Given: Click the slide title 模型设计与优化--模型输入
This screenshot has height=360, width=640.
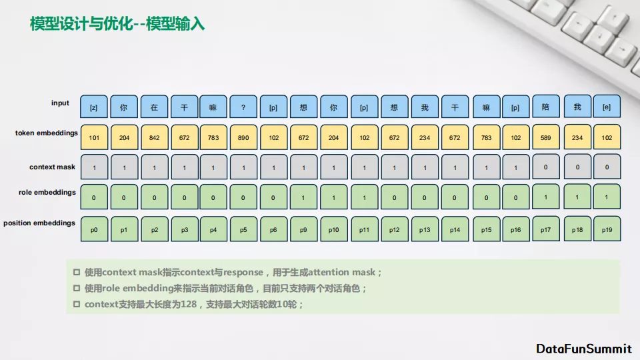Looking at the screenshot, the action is point(117,24).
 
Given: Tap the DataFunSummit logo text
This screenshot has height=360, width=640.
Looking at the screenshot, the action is point(584,349).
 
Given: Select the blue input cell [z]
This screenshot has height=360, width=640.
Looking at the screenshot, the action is point(94,107).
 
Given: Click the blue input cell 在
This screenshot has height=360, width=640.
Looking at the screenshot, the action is point(154,107).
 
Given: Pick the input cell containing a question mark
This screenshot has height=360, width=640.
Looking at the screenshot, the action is point(243,107).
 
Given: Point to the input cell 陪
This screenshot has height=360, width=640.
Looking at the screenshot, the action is point(546,107).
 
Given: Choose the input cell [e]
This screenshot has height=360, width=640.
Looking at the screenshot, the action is point(607,107).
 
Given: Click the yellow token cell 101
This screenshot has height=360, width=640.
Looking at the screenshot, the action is point(94,137).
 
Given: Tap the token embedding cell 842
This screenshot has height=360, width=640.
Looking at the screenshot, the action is point(154,137).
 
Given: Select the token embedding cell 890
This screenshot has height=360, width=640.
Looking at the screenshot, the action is point(243,137).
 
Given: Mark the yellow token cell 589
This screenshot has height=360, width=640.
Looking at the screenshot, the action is point(546,137).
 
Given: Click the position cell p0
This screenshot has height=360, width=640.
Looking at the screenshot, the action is point(94,229).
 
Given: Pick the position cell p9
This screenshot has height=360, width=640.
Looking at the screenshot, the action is point(304,229).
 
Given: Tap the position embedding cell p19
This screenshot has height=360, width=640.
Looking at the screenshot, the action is point(607,229).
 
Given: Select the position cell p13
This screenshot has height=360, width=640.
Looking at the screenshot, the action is point(425,229).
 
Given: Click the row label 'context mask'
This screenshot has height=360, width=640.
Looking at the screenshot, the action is point(52,167).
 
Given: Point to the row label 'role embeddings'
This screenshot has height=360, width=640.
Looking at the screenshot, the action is point(47,192).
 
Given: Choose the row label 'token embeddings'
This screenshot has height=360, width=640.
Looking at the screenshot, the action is point(47,133).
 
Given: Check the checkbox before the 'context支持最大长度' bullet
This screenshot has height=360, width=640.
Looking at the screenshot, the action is point(76,304).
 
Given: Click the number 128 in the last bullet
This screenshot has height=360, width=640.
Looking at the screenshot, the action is point(189,304).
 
